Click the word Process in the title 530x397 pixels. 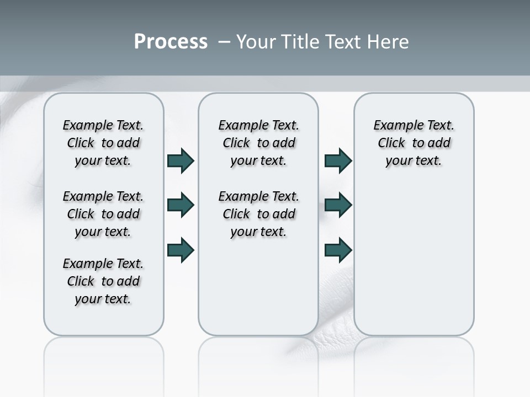point(171,42)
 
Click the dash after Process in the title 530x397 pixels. point(224,42)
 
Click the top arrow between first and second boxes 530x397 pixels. point(181,161)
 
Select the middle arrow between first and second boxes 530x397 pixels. point(181,206)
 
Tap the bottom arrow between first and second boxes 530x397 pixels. point(181,250)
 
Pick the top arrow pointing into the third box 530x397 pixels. point(338,161)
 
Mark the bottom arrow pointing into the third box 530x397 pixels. point(338,250)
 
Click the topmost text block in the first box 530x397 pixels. point(103,143)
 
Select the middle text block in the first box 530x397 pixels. point(103,214)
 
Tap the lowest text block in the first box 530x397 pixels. point(103,281)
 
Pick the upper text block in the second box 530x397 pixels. point(258,143)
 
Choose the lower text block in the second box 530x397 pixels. point(258,214)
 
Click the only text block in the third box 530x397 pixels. point(414,143)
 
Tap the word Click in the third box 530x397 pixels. point(391,143)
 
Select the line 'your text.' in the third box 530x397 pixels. point(414,161)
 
